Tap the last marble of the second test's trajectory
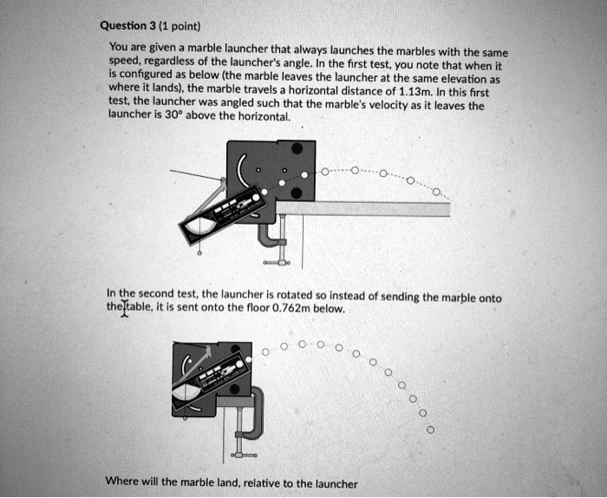(x=430, y=429)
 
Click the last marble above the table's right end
(x=437, y=192)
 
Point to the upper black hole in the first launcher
(x=296, y=147)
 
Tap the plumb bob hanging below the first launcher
(x=200, y=254)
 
